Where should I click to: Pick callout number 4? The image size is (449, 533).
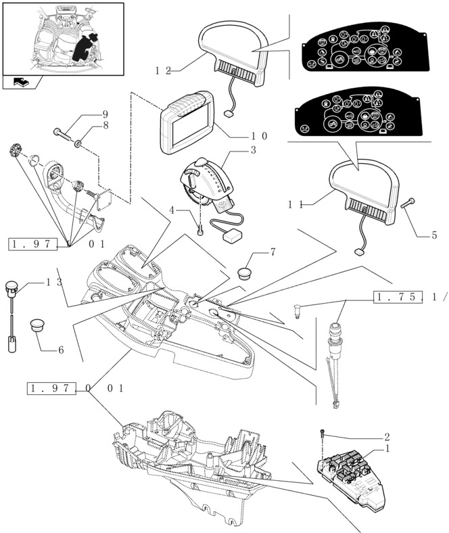coord(174,210)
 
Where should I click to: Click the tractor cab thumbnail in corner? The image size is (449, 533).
coord(63,39)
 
